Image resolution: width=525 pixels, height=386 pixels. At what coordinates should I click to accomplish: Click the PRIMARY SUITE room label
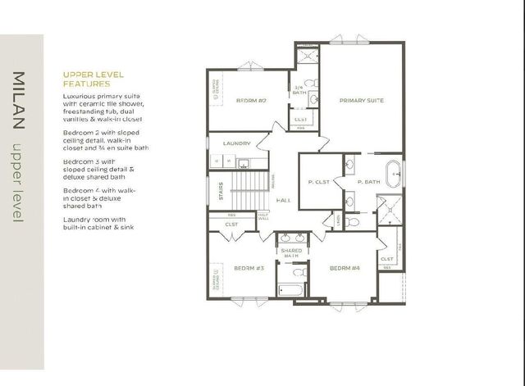362,101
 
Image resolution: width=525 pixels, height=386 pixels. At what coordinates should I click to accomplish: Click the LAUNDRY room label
235,143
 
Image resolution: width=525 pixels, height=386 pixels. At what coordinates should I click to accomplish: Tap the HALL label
283,200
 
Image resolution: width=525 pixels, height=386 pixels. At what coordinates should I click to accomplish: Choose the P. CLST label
318,181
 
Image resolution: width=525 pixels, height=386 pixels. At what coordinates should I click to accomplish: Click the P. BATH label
368,181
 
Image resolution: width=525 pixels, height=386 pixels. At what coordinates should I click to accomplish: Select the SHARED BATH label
291,252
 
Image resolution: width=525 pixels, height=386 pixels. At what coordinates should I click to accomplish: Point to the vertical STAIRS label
220,190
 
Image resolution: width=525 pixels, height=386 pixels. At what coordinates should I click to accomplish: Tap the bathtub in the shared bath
291,289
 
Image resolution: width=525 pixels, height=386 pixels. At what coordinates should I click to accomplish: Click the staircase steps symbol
249,192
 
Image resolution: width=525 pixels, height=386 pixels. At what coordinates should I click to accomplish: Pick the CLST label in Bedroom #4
386,259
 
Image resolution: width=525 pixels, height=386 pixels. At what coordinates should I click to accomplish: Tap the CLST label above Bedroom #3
232,224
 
